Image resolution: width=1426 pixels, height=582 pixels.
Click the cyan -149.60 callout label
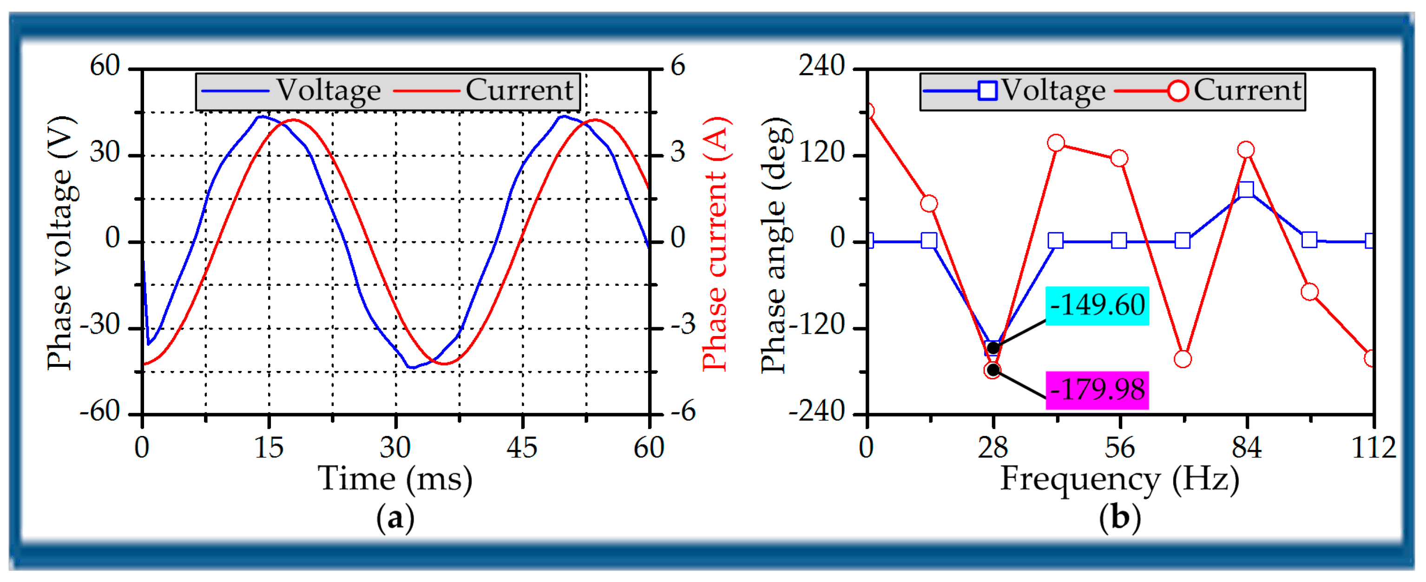click(1097, 305)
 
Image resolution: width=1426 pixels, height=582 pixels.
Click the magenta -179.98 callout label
click(1097, 390)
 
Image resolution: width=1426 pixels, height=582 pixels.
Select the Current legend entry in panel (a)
click(484, 90)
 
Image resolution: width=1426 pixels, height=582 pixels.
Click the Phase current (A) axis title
click(715, 244)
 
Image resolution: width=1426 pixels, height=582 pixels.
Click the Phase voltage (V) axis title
click(61, 244)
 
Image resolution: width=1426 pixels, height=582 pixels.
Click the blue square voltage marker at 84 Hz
click(1246, 190)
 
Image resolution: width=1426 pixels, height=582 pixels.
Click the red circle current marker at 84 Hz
click(1246, 150)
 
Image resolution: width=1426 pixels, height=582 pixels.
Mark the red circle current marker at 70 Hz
click(1183, 359)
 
